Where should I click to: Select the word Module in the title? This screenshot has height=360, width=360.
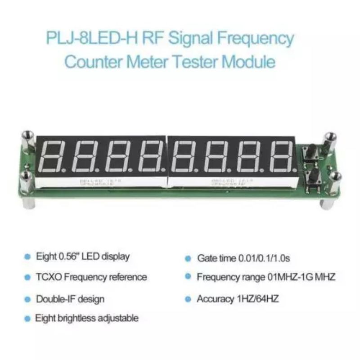(249, 61)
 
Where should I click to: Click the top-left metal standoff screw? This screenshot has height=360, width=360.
(27, 135)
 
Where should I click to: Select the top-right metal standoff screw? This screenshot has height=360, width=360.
(330, 138)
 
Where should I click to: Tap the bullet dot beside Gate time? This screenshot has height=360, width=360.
(188, 259)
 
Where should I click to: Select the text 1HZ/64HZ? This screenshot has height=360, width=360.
(255, 299)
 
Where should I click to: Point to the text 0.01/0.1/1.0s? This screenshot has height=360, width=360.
(268, 258)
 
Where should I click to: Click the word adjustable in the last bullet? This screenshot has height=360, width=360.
(117, 318)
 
